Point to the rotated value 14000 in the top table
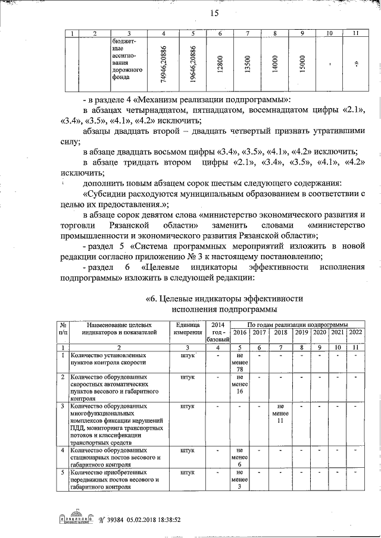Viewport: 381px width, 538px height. (275, 61)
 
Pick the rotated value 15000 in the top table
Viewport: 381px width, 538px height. (303, 61)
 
